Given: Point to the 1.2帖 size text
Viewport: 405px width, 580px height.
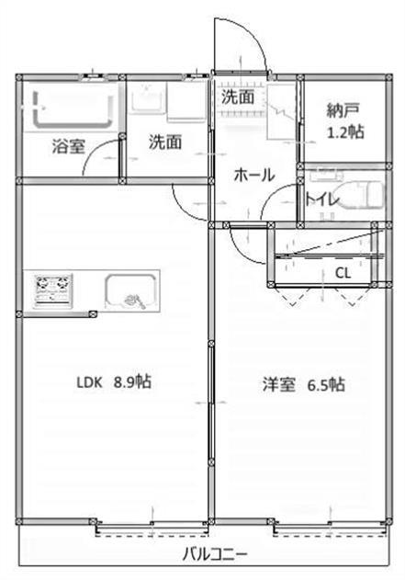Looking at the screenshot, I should [345, 131].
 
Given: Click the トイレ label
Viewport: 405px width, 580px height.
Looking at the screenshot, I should [321, 199].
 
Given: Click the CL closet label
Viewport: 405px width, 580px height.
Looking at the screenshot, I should [342, 272].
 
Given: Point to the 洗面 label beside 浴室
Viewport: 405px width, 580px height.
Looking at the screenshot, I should [165, 142].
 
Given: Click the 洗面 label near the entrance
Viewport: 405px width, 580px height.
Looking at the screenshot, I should [237, 95].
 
